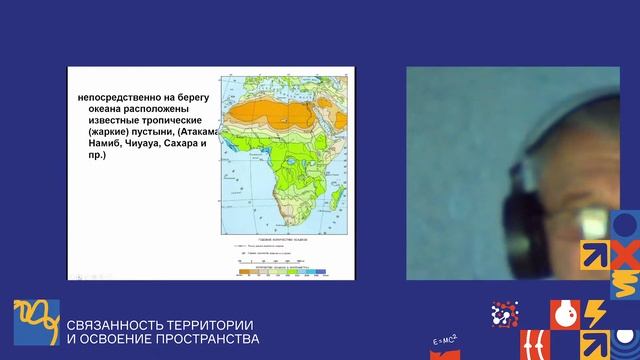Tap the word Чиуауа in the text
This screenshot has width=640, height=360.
[x=137, y=144]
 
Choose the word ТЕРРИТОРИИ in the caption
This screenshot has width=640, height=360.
[x=205, y=325]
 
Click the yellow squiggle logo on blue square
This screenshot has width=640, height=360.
[x=36, y=322]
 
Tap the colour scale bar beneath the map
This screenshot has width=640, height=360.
[x=284, y=270]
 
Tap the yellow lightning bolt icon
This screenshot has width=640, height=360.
[x=594, y=314]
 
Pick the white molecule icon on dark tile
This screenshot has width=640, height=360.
[x=504, y=314]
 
